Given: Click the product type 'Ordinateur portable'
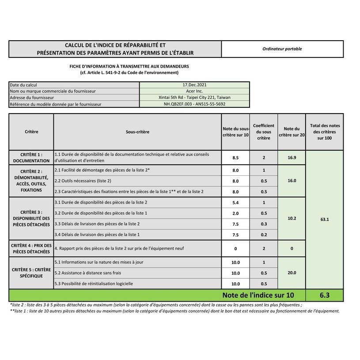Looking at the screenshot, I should [282, 49].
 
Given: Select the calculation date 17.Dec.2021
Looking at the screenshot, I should [194, 85].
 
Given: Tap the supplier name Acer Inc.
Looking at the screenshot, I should [194, 91].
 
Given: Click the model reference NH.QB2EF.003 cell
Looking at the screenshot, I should [194, 104].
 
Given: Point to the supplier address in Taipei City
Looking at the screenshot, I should [194, 98].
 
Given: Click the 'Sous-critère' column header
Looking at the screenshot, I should [137, 132].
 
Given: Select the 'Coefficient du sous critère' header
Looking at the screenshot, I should [263, 132].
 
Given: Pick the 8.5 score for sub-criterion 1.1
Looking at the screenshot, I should [235, 158].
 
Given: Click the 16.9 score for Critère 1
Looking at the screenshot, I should [292, 158].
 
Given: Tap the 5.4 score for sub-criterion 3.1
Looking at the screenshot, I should [235, 203].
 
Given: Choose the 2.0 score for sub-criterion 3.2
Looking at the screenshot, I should [235, 213].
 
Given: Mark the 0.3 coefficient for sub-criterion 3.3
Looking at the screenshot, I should [264, 224].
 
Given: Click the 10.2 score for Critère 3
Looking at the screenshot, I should [292, 219].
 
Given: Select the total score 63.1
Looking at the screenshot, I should [325, 219].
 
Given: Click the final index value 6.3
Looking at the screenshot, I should [325, 295].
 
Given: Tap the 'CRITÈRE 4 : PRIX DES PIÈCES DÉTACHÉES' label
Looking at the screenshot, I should [31, 248].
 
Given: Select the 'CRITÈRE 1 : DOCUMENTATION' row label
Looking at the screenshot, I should [31, 158].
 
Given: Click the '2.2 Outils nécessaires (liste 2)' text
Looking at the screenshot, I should [83, 181].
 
